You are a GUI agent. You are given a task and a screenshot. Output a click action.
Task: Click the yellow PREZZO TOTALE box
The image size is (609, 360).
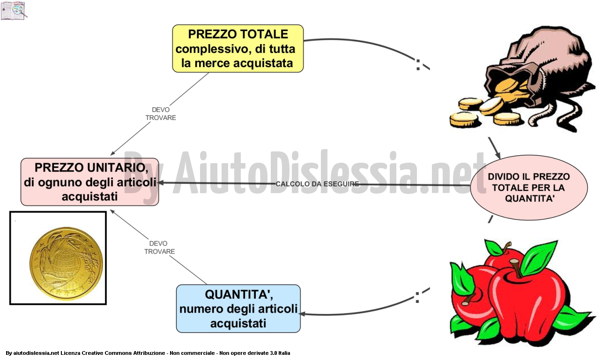pyautogui.click(x=238, y=48)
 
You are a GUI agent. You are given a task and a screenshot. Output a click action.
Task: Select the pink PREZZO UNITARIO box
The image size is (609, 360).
pyautogui.click(x=90, y=182)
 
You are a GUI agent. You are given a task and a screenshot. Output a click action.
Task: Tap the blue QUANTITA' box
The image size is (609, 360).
pyautogui.click(x=238, y=308)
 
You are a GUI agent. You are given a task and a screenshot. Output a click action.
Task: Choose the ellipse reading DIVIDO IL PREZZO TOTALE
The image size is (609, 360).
pyautogui.click(x=529, y=187)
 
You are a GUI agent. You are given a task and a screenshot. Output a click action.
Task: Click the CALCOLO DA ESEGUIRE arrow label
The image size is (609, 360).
pyautogui.click(x=317, y=184)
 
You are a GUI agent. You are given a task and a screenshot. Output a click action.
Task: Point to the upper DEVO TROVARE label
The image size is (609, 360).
pyautogui.click(x=161, y=114)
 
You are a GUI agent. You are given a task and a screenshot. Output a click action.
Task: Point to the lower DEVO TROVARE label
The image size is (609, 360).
pyautogui.click(x=159, y=247)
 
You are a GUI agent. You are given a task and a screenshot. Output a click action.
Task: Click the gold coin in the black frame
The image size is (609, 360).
pyautogui.click(x=66, y=263)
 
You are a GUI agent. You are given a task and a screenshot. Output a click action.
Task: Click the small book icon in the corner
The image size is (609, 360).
pyautogui.click(x=14, y=10)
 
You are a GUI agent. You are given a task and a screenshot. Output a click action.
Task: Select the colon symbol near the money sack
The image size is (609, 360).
pyautogui.click(x=418, y=65)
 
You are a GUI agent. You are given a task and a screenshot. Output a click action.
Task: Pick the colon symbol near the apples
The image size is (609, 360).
pyautogui.click(x=417, y=297)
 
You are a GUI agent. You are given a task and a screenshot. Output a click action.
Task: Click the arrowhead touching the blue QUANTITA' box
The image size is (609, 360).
pyautogui.click(x=302, y=314)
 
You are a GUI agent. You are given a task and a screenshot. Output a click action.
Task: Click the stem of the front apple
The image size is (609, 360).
pyautogui.click(x=516, y=268)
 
